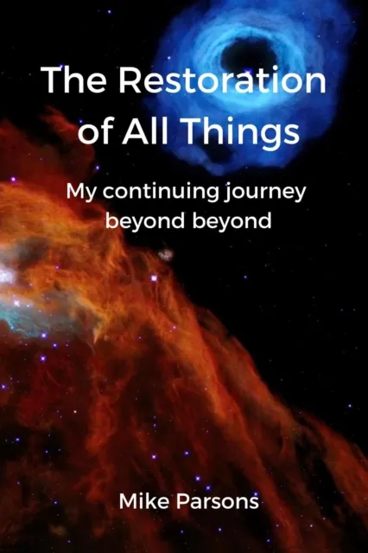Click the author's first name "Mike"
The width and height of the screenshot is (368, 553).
(x=146, y=501)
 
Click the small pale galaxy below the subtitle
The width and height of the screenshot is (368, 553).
(x=164, y=254)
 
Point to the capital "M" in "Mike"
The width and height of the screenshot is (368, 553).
(x=128, y=501)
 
